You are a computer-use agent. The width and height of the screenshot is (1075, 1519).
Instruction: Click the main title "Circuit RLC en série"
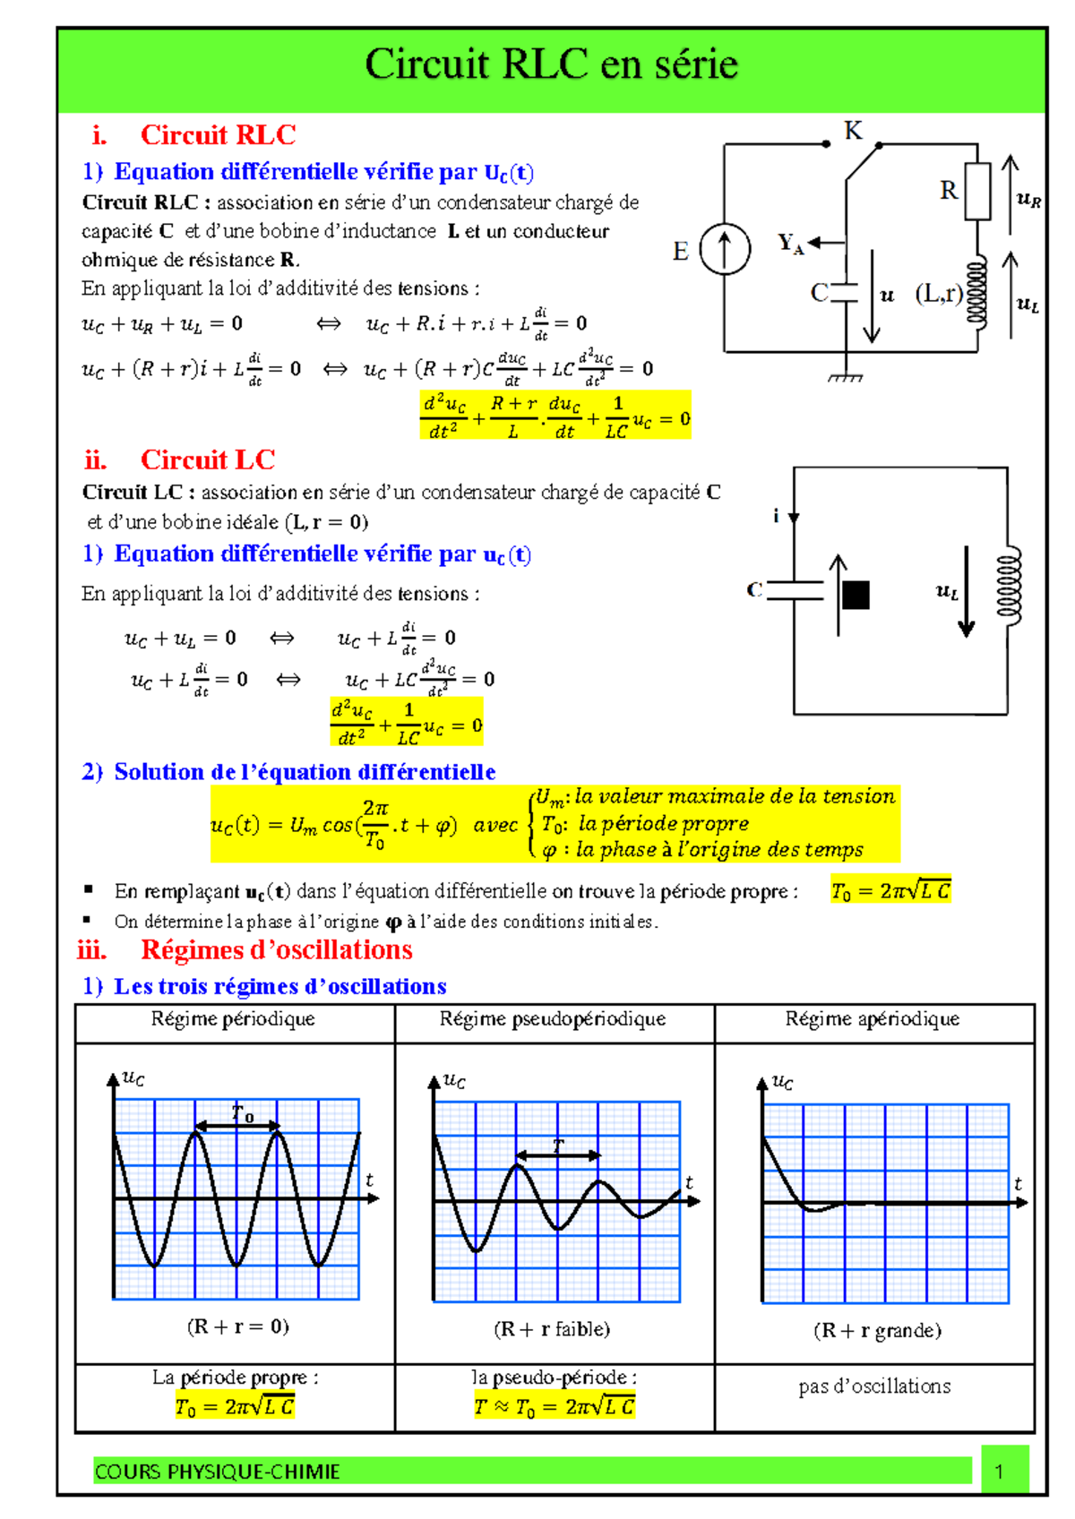click(551, 64)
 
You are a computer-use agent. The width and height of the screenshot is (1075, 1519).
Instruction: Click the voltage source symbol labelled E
click(725, 248)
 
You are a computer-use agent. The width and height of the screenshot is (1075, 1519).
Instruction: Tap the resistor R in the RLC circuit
click(977, 191)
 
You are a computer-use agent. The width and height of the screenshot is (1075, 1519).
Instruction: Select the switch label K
click(853, 131)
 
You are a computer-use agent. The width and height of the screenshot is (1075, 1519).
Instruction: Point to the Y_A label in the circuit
click(790, 243)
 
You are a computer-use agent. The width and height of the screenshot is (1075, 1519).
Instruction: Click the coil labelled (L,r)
click(977, 292)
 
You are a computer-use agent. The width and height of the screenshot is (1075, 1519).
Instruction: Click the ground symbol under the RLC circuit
click(845, 377)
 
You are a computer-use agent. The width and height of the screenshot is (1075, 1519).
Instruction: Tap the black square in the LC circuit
click(856, 595)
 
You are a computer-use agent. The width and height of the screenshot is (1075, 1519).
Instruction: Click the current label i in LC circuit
click(777, 515)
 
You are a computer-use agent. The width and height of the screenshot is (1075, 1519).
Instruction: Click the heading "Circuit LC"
click(207, 459)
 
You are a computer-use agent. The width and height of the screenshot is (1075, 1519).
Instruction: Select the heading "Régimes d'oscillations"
click(276, 949)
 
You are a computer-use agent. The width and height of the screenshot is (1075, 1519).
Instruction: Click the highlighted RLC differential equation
click(555, 416)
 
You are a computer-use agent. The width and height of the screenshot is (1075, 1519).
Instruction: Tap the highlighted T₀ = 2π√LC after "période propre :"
click(890, 889)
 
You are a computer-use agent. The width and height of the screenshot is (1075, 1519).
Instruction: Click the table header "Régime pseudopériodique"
click(553, 1019)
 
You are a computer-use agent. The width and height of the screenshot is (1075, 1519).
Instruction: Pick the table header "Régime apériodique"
click(873, 1019)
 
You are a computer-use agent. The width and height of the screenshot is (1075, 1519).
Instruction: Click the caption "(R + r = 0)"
click(237, 1326)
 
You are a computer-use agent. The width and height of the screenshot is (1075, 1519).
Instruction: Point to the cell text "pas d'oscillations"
click(874, 1386)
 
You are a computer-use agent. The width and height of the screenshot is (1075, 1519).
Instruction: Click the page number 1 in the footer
click(999, 1471)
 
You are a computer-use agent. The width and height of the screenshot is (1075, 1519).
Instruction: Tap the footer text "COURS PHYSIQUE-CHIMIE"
click(218, 1472)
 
